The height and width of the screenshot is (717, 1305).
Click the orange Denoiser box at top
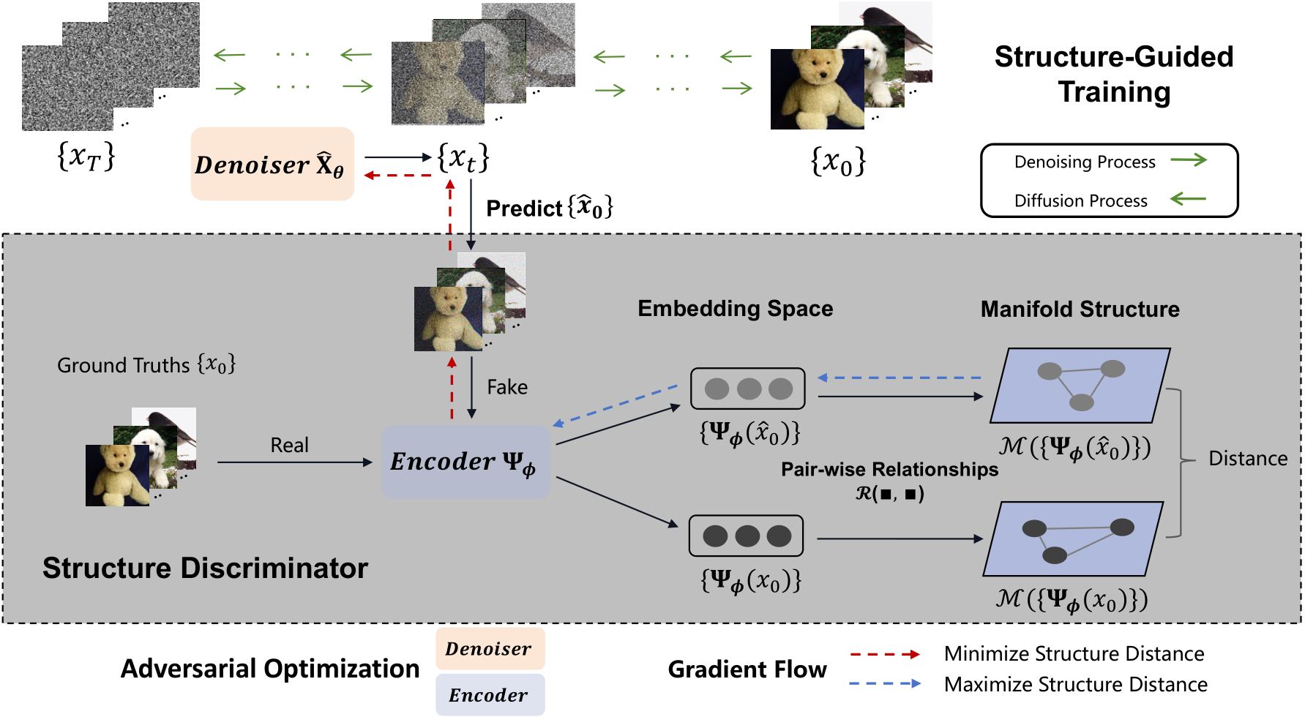(272, 164)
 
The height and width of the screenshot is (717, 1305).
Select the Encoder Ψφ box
(465, 462)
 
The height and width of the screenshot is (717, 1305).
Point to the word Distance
(1247, 459)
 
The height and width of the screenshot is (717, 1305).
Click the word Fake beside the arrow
(506, 387)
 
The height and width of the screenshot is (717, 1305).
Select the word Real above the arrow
(289, 445)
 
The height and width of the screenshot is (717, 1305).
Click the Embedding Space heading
(735, 309)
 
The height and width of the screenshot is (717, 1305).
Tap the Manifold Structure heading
(1080, 309)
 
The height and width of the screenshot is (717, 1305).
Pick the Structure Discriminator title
(205, 568)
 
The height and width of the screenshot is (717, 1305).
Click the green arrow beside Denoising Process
(1189, 160)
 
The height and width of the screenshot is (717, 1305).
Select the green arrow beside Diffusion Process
(1188, 199)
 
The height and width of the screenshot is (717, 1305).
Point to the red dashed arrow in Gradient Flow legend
(884, 654)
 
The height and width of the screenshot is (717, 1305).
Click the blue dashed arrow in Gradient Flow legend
(884, 684)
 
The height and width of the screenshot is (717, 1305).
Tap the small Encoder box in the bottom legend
(490, 694)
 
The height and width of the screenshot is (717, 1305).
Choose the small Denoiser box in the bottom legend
(490, 649)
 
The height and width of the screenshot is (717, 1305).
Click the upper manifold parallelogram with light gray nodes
(1080, 386)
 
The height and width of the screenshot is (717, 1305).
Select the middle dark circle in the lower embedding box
(747, 536)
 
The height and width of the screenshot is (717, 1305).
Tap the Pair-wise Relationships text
(889, 470)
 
